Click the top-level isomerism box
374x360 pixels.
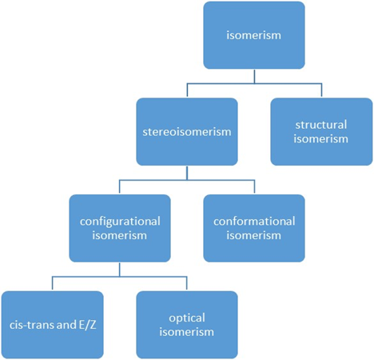pos(254,35)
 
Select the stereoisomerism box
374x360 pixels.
pos(187,132)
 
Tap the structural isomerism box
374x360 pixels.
pos(321,132)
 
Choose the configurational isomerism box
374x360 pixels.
pos(120,228)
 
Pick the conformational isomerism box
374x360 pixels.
pos(254,228)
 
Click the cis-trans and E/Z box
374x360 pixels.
pos(53,325)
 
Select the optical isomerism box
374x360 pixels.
pos(187,325)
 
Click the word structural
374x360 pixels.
pos(321,125)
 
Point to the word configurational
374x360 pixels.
pos(120,222)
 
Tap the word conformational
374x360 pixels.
pos(254,222)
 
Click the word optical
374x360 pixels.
pos(187,318)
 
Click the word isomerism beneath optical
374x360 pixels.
pos(187,332)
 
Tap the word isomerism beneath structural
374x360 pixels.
pos(321,139)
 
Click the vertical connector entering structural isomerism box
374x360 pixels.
pos(321,90)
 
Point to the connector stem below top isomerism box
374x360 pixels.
pos(254,77)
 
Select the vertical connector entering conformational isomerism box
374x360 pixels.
pos(254,186)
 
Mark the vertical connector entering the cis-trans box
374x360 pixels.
pos(52,283)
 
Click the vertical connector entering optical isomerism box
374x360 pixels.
pos(187,283)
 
